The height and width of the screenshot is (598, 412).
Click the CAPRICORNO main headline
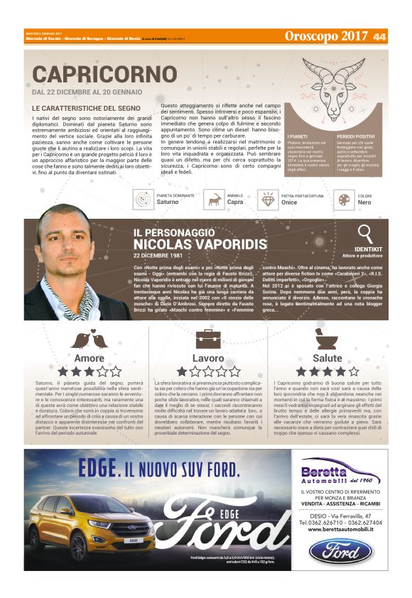pyautogui.click(x=104, y=74)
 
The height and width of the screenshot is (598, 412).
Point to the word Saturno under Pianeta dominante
pyautogui.click(x=167, y=202)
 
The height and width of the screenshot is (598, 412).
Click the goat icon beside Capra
pyautogui.click(x=214, y=200)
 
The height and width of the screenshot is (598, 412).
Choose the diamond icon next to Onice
pyautogui.click(x=269, y=200)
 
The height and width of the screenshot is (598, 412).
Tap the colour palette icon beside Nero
pyautogui.click(x=345, y=200)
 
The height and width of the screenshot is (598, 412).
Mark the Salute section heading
pyautogui.click(x=327, y=358)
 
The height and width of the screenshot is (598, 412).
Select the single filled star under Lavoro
pyautogui.click(x=183, y=371)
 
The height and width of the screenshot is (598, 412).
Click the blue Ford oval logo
pyautogui.click(x=344, y=552)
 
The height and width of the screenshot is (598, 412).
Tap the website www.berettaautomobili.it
pyautogui.click(x=344, y=528)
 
